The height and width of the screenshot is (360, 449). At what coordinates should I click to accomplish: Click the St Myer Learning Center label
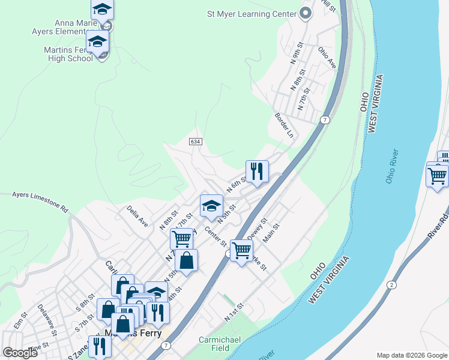click(252, 14)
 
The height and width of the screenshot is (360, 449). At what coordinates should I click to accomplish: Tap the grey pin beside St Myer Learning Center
click(306, 13)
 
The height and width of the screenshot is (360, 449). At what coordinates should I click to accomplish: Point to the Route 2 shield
click(391, 284)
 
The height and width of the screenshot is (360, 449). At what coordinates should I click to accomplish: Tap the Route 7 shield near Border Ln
click(325, 120)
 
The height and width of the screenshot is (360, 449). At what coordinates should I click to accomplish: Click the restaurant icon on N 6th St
click(257, 171)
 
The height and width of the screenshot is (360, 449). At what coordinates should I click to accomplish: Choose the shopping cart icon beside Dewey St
click(241, 250)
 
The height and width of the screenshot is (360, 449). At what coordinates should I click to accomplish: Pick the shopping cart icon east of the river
click(437, 176)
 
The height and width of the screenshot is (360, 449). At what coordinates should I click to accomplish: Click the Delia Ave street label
click(137, 216)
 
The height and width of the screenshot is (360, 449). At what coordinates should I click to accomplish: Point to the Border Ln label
click(283, 125)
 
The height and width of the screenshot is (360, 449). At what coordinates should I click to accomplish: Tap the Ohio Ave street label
click(327, 57)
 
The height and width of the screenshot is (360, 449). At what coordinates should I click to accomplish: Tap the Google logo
click(20, 352)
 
